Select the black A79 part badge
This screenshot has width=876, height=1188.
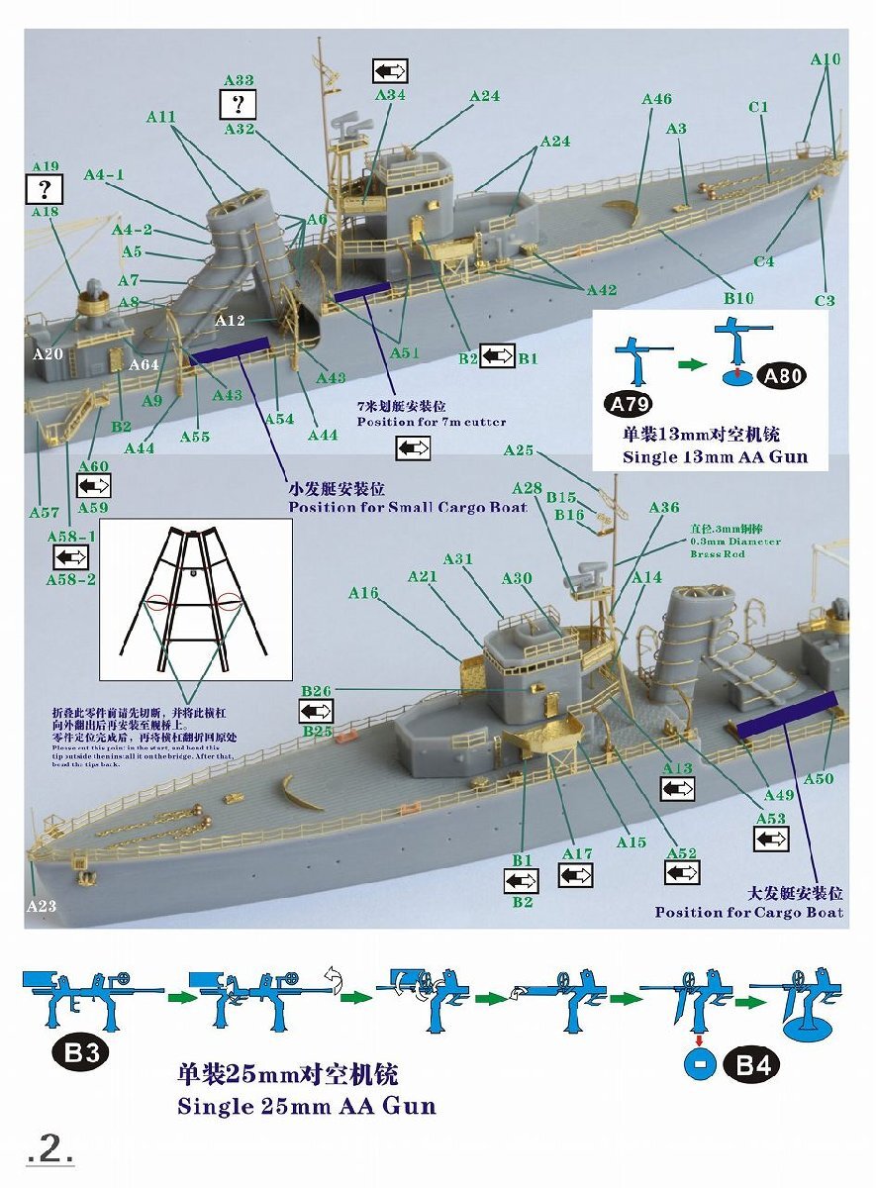[x=628, y=404]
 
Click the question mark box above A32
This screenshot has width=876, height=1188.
[x=238, y=104]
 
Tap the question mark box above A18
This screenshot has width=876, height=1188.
[x=46, y=187]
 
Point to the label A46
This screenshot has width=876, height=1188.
[x=656, y=100]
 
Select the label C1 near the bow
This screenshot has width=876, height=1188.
[x=759, y=108]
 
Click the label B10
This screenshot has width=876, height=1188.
[x=738, y=297]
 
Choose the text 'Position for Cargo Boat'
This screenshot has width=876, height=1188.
[x=749, y=912]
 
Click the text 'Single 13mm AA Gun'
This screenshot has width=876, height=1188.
[x=715, y=457]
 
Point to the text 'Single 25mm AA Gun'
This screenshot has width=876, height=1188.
[x=307, y=1105]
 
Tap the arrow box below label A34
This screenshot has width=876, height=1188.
[x=390, y=71]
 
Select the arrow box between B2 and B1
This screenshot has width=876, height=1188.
[x=497, y=356]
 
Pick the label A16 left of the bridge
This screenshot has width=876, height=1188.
[x=363, y=593]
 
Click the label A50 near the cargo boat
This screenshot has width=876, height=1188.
[x=818, y=779]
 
